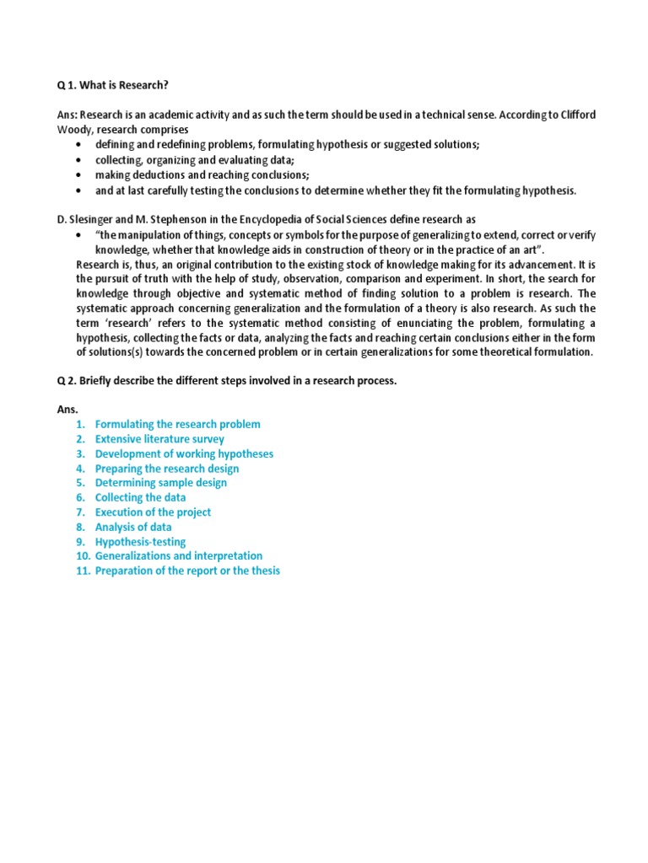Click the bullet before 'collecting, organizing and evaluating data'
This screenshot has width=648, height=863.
point(78,160)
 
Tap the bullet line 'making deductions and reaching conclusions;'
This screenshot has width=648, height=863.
point(202,175)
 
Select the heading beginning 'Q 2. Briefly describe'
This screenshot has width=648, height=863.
point(226,381)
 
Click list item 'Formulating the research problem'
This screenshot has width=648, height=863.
point(177,425)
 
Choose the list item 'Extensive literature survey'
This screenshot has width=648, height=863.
point(159,439)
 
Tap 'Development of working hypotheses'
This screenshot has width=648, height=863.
point(184,454)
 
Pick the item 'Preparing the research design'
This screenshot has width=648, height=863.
point(166,469)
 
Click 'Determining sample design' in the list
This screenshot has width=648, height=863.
point(160,483)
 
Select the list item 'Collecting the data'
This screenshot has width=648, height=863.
point(140,498)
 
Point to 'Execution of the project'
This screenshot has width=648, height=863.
point(153,512)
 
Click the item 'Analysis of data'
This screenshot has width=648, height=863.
point(132,528)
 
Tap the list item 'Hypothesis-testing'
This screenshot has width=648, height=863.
point(140,542)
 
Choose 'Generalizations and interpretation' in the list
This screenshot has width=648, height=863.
point(178,556)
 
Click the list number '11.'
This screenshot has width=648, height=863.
point(82,571)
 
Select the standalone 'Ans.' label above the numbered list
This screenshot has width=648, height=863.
point(67,410)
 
